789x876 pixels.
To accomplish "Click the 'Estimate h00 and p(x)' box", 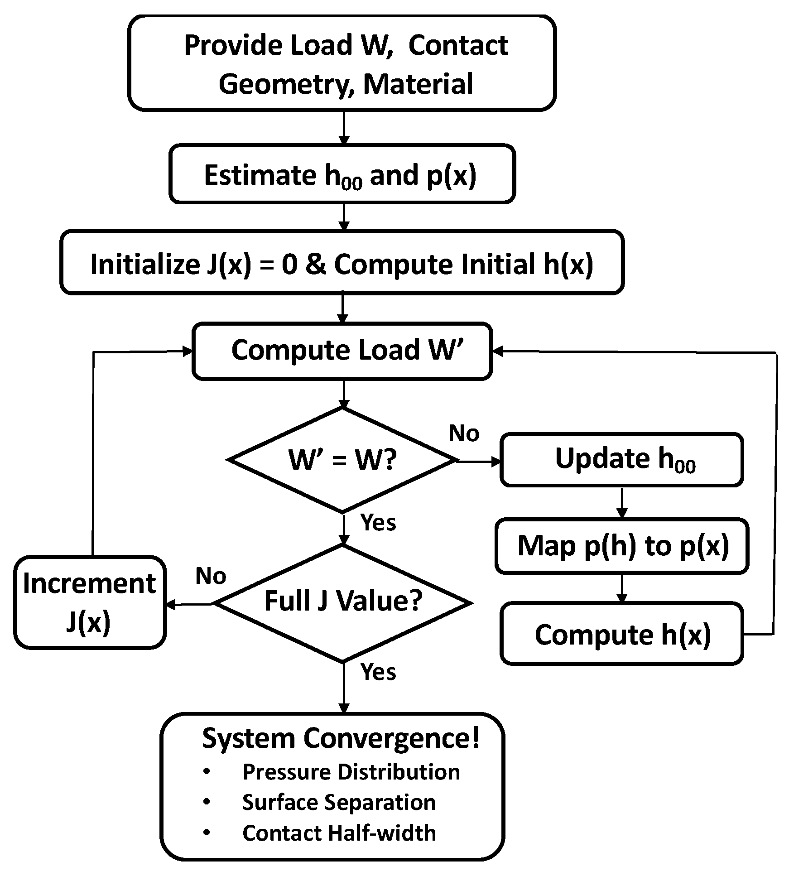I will click(x=342, y=174).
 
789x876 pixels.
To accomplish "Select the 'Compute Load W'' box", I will click(x=342, y=351).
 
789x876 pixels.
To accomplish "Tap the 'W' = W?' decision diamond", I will click(x=342, y=460).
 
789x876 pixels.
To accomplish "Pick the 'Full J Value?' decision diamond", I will click(x=343, y=602).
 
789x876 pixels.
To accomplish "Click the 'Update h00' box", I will click(x=621, y=459).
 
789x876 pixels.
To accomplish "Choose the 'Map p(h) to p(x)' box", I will click(x=621, y=545).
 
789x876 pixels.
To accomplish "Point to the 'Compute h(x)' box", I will click(x=621, y=634).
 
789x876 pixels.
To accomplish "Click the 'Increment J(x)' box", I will click(x=90, y=602).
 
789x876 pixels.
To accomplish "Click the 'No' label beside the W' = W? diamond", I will click(x=463, y=433).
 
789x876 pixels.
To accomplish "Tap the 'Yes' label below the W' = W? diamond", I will click(x=378, y=522).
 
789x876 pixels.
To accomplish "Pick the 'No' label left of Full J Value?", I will click(x=211, y=576).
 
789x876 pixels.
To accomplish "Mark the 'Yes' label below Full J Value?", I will click(x=378, y=672).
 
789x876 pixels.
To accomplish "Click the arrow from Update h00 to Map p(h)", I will click(x=622, y=502).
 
